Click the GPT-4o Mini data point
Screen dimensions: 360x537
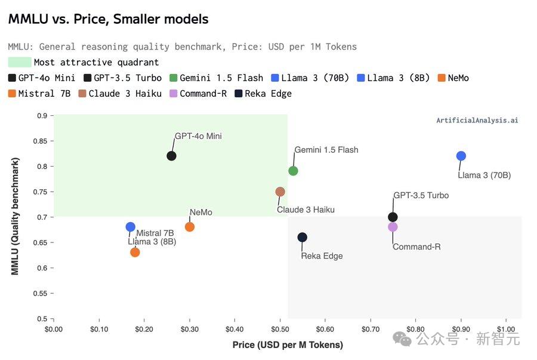pyautogui.click(x=171, y=156)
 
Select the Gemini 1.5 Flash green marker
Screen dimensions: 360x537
pyautogui.click(x=293, y=171)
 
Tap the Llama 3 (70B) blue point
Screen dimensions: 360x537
pyautogui.click(x=461, y=156)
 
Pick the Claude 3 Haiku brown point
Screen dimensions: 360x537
pyautogui.click(x=280, y=192)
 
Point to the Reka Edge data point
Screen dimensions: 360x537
pyautogui.click(x=303, y=237)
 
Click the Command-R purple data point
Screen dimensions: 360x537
pyautogui.click(x=393, y=227)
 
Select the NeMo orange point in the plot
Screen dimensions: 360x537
pyautogui.click(x=190, y=227)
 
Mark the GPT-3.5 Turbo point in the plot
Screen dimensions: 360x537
pyautogui.click(x=393, y=217)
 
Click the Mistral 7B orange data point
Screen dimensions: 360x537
pyautogui.click(x=135, y=252)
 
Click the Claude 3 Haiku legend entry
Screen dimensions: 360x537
pyautogui.click(x=120, y=94)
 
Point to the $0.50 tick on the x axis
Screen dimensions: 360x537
pyautogui.click(x=280, y=329)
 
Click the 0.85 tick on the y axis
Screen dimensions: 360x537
pyautogui.click(x=40, y=141)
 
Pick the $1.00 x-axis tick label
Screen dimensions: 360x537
pyautogui.click(x=506, y=329)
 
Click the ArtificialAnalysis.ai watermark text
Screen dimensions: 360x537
pyautogui.click(x=477, y=121)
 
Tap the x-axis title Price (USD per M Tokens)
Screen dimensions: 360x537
pyautogui.click(x=288, y=345)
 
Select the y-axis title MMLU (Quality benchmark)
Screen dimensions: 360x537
pyautogui.click(x=16, y=216)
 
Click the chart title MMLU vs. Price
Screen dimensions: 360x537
pyautogui.click(x=108, y=19)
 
